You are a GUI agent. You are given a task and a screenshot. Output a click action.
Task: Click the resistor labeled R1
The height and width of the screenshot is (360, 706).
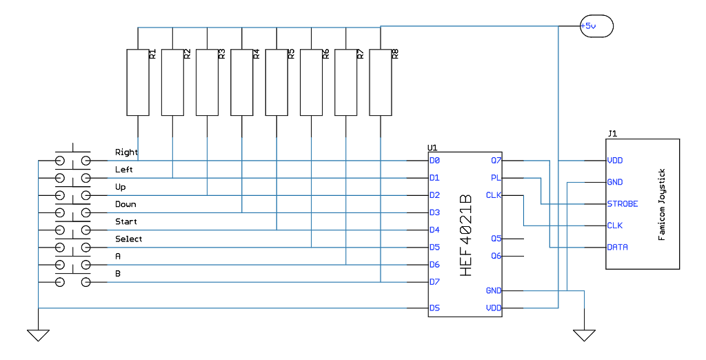[138, 82]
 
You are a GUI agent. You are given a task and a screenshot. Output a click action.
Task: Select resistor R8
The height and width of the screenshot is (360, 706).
[380, 82]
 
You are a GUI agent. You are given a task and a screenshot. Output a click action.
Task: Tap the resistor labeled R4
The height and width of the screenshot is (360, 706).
[241, 82]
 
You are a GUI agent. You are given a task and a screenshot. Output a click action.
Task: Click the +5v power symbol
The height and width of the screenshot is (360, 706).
[596, 26]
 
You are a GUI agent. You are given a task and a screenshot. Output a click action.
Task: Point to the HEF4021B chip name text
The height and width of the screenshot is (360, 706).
[465, 235]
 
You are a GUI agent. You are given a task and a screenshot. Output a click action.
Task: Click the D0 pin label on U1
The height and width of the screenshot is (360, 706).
[434, 161]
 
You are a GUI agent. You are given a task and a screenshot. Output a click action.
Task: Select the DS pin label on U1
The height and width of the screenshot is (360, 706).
[434, 308]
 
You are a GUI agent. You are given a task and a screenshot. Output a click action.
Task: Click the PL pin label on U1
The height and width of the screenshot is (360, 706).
[496, 178]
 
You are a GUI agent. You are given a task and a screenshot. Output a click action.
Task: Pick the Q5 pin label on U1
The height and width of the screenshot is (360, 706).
[496, 239]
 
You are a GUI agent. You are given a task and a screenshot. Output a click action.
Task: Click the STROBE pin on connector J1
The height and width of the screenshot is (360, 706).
[622, 204]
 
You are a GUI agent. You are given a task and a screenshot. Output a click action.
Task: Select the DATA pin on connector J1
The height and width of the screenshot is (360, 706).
[617, 247]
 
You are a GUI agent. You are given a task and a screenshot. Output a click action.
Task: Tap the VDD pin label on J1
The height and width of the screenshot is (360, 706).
[616, 161]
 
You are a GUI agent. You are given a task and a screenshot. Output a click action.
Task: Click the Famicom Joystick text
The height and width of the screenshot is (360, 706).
[662, 204]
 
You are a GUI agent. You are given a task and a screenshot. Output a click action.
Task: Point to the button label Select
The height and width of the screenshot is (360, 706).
[129, 239]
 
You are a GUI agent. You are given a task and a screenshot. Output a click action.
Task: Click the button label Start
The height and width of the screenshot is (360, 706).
[126, 222]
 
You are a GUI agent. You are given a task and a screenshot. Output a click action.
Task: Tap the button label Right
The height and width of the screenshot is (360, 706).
[126, 152]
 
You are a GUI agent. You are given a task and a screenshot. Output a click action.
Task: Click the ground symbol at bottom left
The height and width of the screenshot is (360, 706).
[39, 335]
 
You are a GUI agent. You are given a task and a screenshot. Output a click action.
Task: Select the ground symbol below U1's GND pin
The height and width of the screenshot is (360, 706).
[584, 335]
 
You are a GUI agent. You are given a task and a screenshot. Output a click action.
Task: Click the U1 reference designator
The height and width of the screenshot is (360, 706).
[432, 148]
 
